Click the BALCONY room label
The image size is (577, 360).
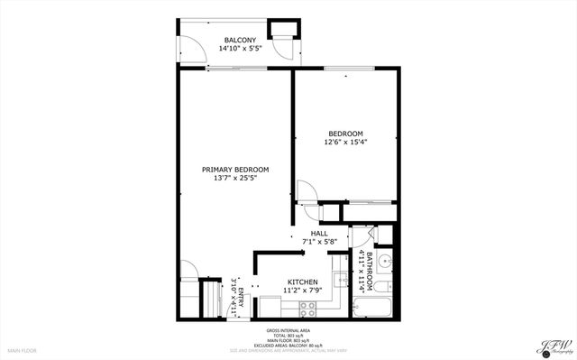point(240,40)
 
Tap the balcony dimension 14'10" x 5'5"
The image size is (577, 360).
point(240,49)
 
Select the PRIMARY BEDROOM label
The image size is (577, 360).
point(234,170)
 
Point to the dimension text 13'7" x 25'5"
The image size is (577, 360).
point(234,179)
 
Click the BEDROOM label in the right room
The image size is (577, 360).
point(344,134)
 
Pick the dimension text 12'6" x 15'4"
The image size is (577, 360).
point(344,142)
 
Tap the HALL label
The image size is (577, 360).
point(319,234)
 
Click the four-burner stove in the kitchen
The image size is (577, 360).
point(307,306)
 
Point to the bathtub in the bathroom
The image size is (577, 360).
point(371,309)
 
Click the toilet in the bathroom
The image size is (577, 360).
point(384,288)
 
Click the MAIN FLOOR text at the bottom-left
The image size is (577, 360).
point(23,349)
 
